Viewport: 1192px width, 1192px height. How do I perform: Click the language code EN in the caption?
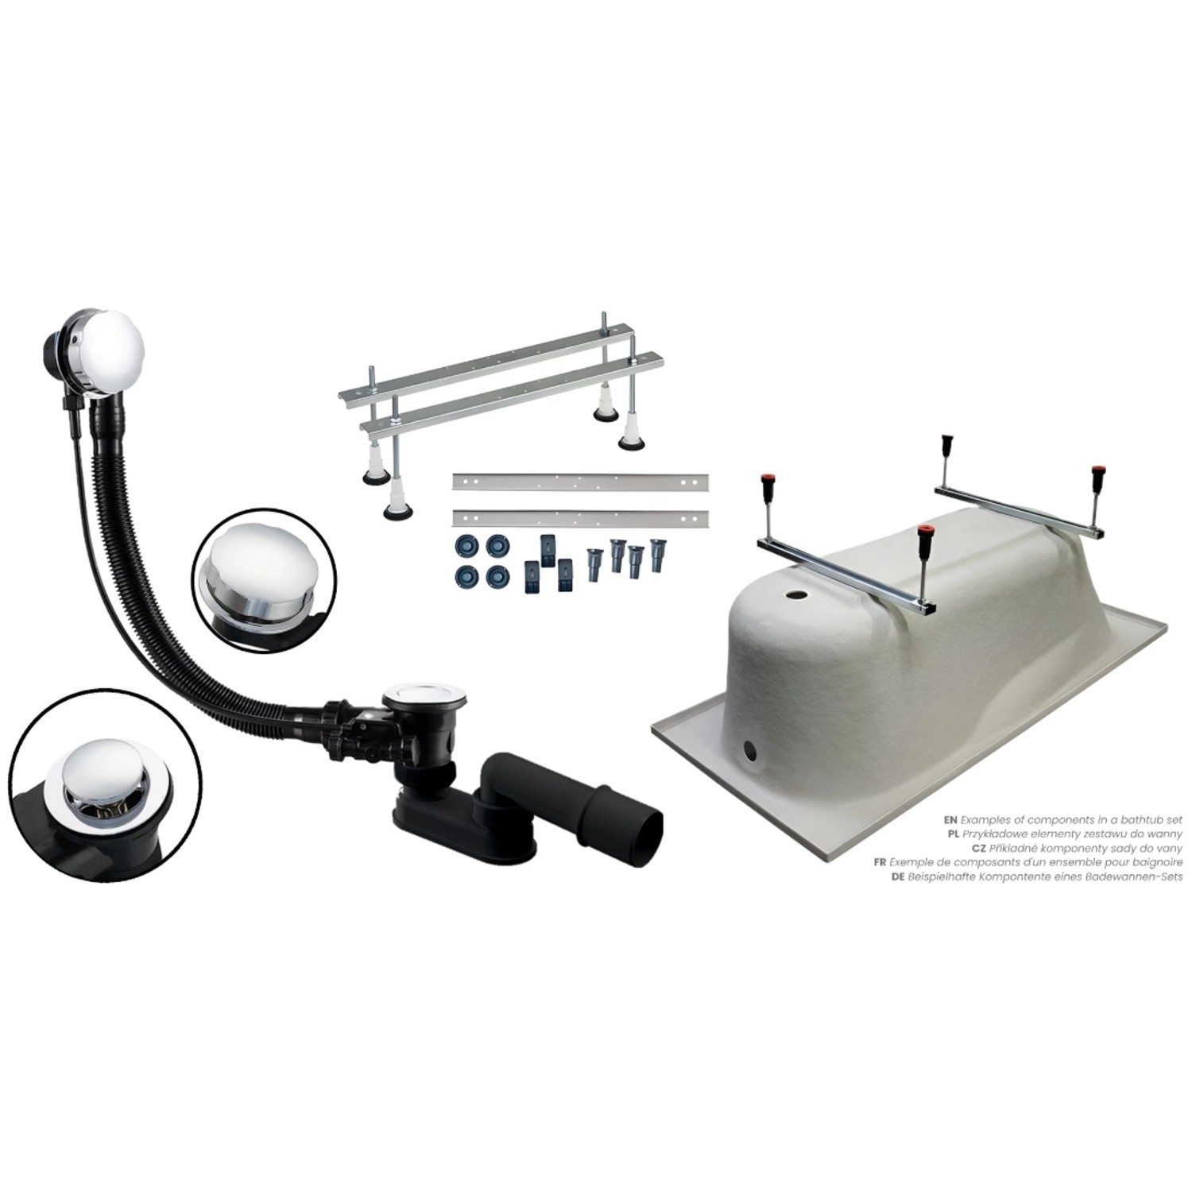(x=950, y=819)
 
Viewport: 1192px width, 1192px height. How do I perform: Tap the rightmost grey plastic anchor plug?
(x=656, y=555)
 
